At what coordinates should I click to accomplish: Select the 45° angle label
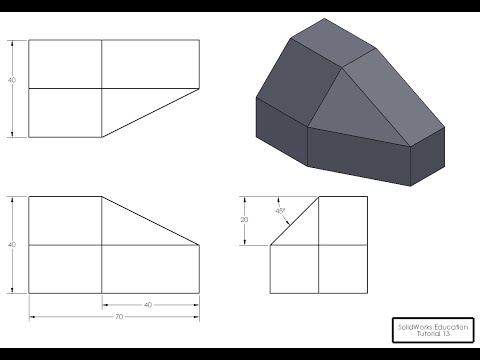pos(280,210)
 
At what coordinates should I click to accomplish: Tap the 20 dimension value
pos(245,219)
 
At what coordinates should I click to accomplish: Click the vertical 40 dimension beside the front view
pos(12,244)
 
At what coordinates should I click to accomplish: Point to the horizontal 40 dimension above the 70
pos(149,304)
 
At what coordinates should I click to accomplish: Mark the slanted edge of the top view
pos(150,114)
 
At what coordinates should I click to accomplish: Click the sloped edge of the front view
pos(150,220)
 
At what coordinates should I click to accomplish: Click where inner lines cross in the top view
pos(102,89)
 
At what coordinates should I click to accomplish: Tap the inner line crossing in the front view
pos(102,244)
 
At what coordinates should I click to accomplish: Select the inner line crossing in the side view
pos(319,244)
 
